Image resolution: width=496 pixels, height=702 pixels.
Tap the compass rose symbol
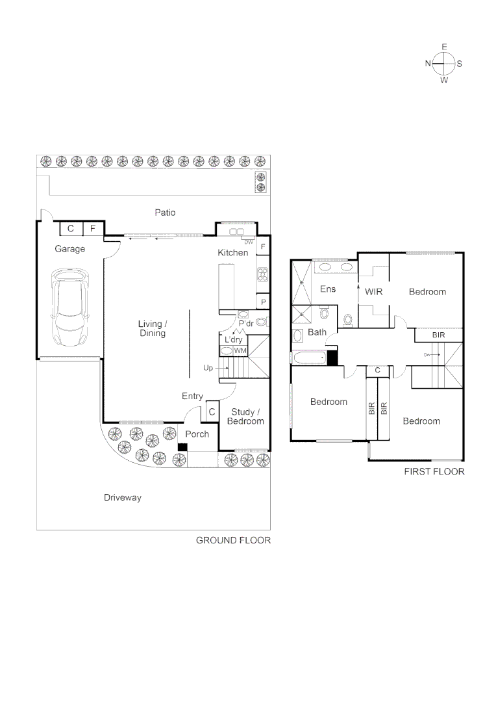444,64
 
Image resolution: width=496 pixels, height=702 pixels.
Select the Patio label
165,213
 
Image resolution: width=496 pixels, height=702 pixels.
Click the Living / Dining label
152,328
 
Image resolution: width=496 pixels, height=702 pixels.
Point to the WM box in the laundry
240,351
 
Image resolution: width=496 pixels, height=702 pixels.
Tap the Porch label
197,434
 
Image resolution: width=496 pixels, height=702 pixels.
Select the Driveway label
123,498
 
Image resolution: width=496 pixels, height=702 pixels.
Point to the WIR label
373,292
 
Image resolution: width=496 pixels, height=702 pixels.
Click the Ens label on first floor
328,289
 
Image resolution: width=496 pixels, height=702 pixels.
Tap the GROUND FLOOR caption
233,540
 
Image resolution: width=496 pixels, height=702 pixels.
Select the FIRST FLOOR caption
434,471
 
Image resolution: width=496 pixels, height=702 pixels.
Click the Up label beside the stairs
208,368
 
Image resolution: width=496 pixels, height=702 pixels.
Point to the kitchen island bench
227,287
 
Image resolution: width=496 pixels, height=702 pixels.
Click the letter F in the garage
93,229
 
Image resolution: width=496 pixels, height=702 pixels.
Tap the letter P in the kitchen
263,302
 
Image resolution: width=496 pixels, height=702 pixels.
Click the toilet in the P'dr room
262,322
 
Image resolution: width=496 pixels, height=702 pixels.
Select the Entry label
192,396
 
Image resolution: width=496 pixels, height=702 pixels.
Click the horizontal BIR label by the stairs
438,335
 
